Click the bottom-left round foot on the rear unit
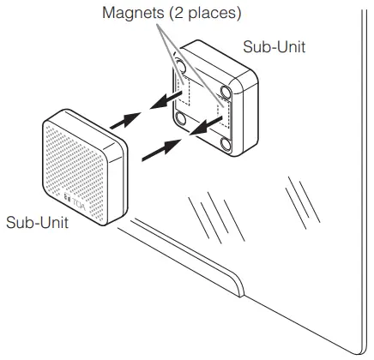coord(181,118)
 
